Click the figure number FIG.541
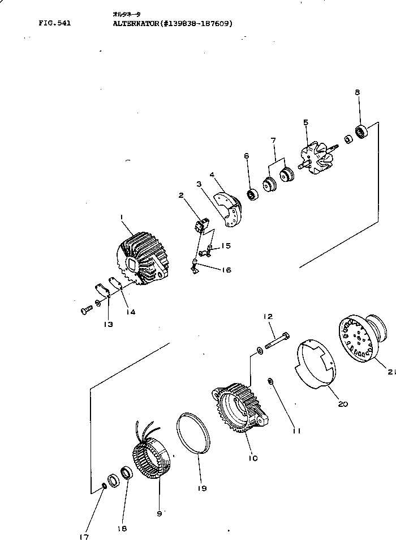pyautogui.click(x=54, y=24)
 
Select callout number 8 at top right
pyautogui.click(x=357, y=92)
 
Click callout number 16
pyautogui.click(x=225, y=270)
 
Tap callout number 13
pyautogui.click(x=108, y=324)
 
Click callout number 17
pyautogui.click(x=84, y=535)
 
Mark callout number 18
pyautogui.click(x=123, y=529)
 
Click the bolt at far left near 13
pyautogui.click(x=86, y=309)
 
